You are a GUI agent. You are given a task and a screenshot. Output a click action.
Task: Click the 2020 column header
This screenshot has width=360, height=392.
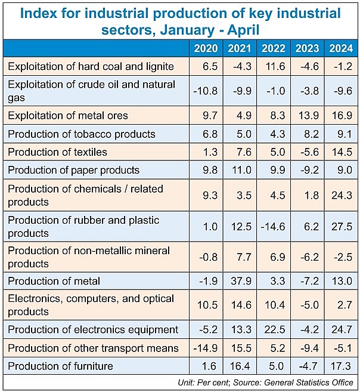pos(206,48)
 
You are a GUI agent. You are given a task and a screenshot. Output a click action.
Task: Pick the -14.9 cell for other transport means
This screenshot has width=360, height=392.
pos(206,347)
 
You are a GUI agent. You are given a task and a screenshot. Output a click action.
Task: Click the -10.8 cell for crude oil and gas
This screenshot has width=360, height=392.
pos(206,90)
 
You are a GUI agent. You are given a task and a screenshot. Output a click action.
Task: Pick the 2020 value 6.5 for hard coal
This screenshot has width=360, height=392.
pos(206,66)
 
